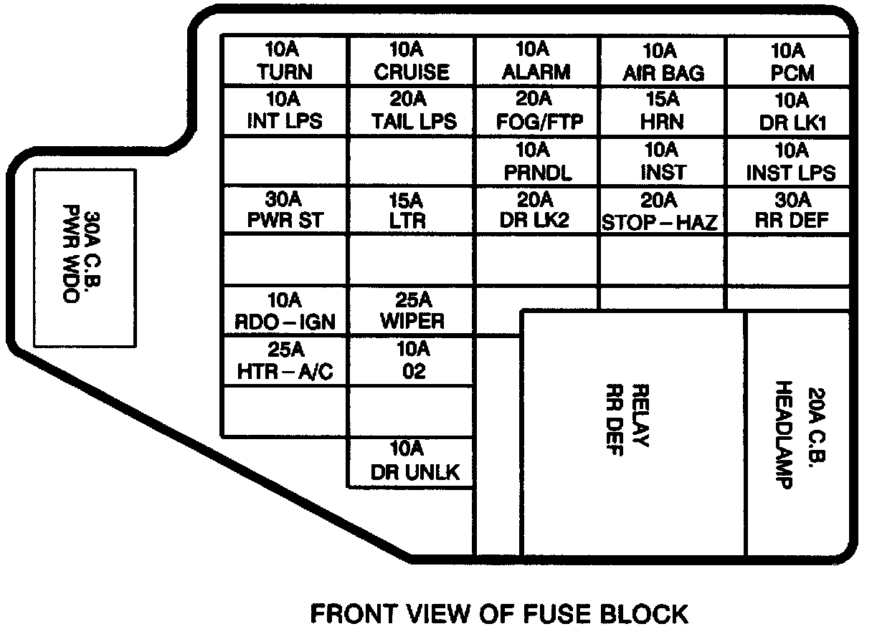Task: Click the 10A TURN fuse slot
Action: (285, 62)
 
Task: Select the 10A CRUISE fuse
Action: (411, 62)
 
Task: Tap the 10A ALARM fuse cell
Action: (536, 62)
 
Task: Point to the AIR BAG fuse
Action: (663, 62)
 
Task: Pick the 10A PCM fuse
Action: (788, 62)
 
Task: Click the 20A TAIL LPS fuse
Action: (411, 112)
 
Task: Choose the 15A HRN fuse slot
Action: (663, 112)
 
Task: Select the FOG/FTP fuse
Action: (536, 112)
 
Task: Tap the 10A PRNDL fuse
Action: (536, 162)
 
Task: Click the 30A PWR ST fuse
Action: (285, 211)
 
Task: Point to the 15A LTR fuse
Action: (411, 211)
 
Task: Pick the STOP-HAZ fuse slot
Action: (660, 211)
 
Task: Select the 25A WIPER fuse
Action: (411, 310)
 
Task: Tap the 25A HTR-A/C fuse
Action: (285, 360)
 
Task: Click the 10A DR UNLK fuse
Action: (411, 461)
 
